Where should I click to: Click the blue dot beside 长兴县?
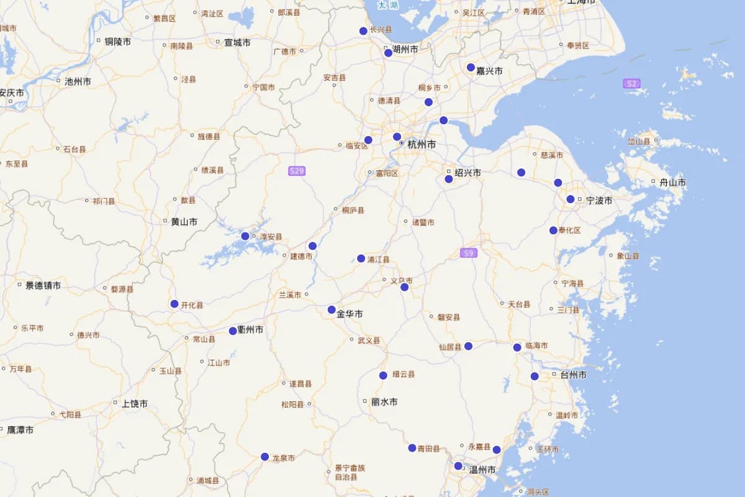(363, 31)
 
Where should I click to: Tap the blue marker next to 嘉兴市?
(471, 68)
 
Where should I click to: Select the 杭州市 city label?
(422, 144)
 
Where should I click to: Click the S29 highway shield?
(297, 171)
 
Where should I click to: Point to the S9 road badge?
(469, 253)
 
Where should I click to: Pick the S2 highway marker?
(631, 83)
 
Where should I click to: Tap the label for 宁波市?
(599, 201)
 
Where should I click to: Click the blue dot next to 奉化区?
(553, 230)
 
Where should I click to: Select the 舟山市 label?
(672, 183)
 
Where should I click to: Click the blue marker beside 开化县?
(174, 304)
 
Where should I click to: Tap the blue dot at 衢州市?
(233, 331)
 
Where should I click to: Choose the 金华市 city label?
(350, 314)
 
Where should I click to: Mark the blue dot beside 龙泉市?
(265, 457)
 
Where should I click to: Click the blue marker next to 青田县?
(412, 448)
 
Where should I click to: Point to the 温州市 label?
(482, 470)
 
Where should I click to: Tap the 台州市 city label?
(573, 375)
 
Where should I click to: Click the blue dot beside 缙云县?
(384, 375)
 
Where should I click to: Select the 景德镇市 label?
(43, 286)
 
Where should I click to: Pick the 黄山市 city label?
(184, 221)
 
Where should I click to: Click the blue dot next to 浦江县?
(361, 258)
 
